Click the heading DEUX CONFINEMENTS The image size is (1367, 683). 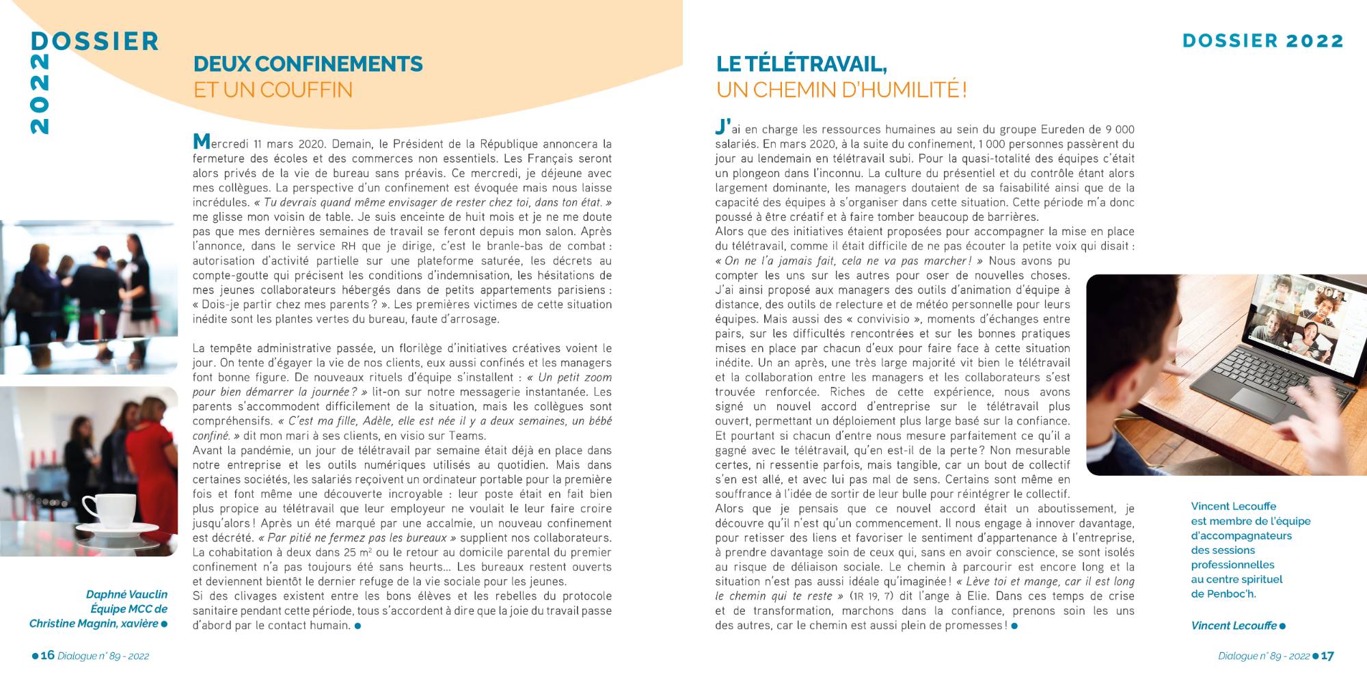click(x=308, y=64)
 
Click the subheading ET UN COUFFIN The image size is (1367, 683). click(x=273, y=90)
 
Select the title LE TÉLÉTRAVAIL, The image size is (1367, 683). click(x=801, y=64)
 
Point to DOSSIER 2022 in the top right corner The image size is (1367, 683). click(x=1262, y=41)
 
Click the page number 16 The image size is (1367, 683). click(x=47, y=655)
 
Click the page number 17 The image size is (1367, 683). click(x=1327, y=656)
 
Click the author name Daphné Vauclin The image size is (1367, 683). click(x=126, y=595)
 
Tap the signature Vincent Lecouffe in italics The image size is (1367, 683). click(x=1233, y=626)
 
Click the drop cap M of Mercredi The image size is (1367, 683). click(x=202, y=142)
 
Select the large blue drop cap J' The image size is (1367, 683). click(x=722, y=127)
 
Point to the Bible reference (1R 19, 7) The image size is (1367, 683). click(x=871, y=596)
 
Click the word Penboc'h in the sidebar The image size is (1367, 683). click(x=1230, y=594)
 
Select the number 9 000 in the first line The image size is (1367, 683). click(x=1120, y=129)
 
